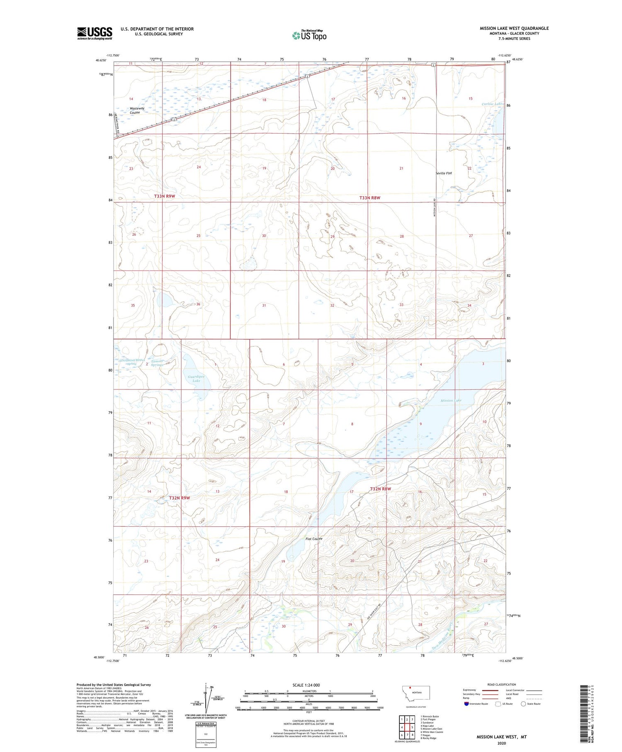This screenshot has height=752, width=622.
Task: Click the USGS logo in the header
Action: tap(95, 33)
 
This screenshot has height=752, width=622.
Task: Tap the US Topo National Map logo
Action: tap(309, 35)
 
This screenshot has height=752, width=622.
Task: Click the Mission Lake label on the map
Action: tap(451, 400)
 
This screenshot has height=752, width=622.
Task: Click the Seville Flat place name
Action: tap(444, 173)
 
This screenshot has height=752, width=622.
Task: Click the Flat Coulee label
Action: tap(314, 539)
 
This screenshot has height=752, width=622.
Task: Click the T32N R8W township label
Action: tap(380, 489)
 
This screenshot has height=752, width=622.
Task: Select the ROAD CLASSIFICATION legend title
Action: tap(502, 684)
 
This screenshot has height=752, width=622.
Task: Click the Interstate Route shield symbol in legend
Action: tap(466, 704)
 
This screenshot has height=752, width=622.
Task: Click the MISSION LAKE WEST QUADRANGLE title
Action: tap(514, 28)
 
